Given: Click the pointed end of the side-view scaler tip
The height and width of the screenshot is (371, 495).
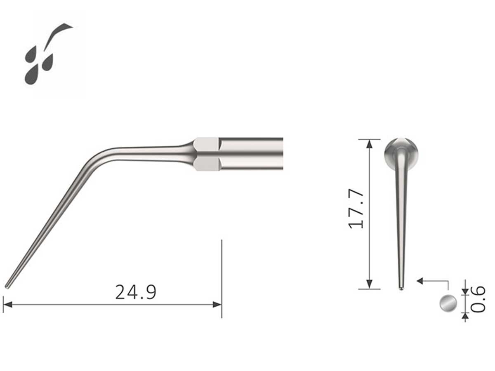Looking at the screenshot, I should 7,285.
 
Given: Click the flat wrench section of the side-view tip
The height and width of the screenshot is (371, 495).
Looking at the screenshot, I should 206,154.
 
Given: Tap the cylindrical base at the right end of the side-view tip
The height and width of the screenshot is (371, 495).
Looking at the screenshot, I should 252,153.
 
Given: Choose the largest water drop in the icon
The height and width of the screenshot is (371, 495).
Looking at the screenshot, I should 32,75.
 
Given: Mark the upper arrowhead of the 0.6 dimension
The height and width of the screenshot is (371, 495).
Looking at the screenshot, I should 466,291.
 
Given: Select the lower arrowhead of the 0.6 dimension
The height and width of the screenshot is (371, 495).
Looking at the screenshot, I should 466,316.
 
